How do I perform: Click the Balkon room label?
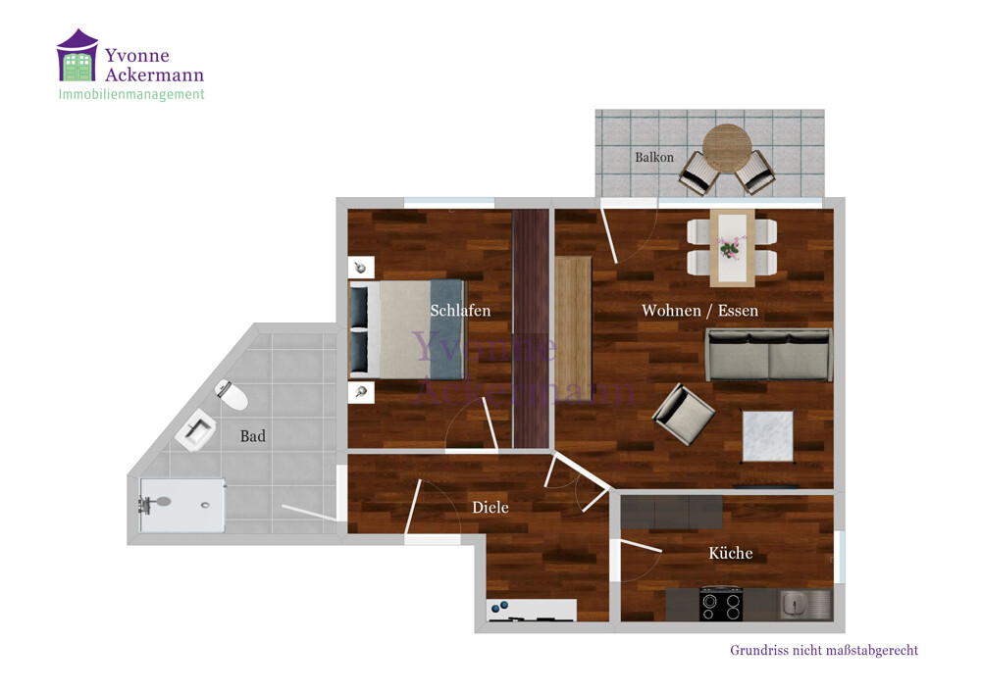point(654,158)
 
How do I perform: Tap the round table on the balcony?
point(726,149)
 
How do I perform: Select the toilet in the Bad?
point(232,395)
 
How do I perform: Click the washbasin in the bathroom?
point(196,430)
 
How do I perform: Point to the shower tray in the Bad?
point(182,506)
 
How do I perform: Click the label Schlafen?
point(460,311)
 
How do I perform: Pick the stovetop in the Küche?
point(721,604)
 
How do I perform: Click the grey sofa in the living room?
point(769,355)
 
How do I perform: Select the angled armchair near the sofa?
point(683,415)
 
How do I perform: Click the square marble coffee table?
point(768,436)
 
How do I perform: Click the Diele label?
point(490,508)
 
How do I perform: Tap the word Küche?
point(730,553)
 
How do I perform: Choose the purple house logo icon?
point(77,55)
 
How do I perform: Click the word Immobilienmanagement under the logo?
point(131,94)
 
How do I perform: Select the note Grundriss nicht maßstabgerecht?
point(824,651)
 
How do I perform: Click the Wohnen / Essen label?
point(700,311)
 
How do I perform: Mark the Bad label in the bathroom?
point(253,436)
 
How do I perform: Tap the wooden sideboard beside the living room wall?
point(573,328)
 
